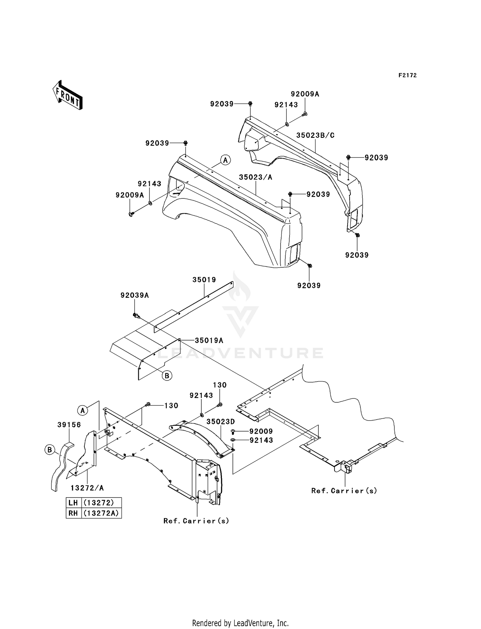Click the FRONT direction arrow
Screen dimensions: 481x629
coord(68,95)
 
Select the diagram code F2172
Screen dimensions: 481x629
coord(408,75)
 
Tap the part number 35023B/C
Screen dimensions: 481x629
coord(315,135)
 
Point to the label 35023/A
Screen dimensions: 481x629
coord(256,177)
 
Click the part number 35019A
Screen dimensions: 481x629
coord(209,340)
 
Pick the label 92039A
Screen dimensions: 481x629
coord(135,295)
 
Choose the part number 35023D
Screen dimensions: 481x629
coord(221,422)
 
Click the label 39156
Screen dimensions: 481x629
coord(69,425)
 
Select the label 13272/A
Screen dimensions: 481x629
coord(87,488)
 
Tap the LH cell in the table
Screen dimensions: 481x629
coord(73,502)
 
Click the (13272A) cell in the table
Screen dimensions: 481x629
coord(101,513)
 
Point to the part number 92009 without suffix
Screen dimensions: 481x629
coord(261,432)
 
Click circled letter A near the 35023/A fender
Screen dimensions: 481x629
coord(225,160)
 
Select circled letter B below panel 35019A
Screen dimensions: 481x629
coord(167,375)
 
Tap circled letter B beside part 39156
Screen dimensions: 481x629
coord(50,450)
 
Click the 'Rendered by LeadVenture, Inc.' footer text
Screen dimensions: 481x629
coord(240,623)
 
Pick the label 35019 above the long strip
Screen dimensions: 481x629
coord(204,280)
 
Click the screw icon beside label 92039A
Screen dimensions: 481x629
coord(137,316)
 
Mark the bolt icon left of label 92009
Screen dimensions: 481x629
coord(233,432)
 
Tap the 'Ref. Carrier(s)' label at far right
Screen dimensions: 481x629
coord(344,491)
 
